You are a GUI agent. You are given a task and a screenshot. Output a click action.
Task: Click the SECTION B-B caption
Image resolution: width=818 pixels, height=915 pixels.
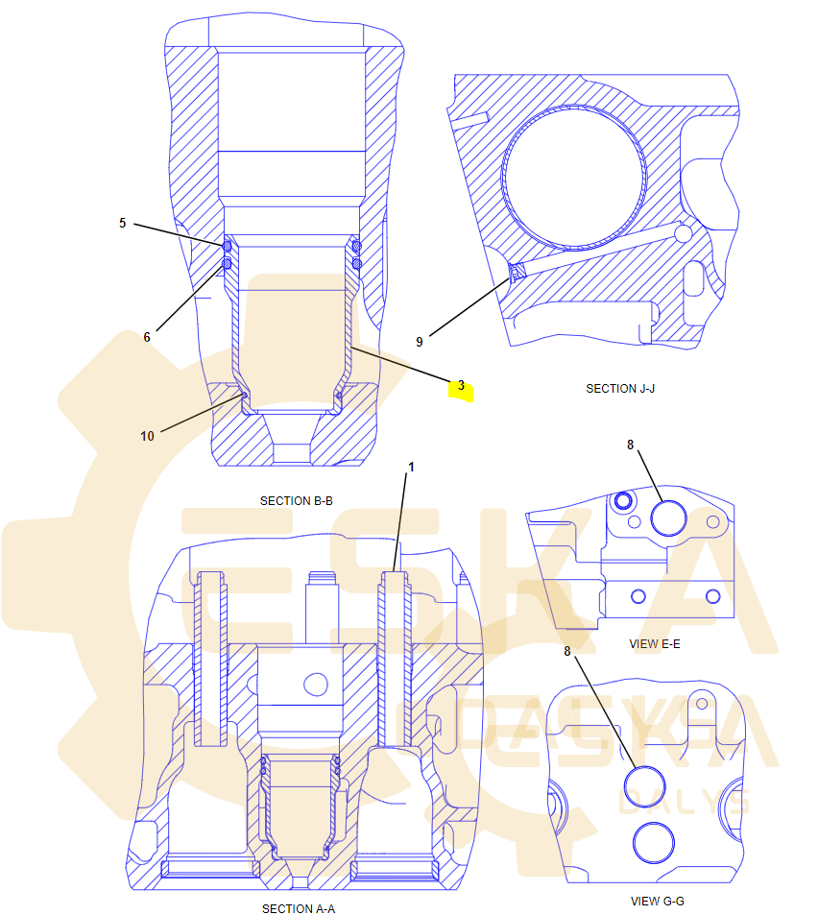click(297, 500)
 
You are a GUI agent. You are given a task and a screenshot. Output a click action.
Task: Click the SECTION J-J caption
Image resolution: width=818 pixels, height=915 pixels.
click(620, 389)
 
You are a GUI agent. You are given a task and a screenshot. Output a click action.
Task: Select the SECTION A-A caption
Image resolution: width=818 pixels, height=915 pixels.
click(299, 908)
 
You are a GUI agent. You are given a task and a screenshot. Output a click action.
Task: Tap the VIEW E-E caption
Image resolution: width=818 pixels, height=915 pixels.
click(655, 643)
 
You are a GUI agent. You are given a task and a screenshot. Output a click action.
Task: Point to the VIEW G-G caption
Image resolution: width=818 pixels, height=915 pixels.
click(658, 901)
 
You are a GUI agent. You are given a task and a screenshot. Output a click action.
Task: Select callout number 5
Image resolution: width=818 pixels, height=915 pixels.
click(123, 223)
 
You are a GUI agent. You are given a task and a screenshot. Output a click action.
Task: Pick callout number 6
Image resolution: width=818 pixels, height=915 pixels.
click(147, 337)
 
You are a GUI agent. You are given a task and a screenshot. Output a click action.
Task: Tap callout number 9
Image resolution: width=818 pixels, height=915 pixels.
click(419, 342)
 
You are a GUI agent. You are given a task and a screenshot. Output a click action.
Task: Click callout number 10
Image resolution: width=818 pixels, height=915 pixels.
click(147, 436)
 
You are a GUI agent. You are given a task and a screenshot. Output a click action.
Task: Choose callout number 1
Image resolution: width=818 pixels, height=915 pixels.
click(411, 467)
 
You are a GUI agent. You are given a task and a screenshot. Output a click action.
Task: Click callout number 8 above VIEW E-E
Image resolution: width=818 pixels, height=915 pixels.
click(630, 445)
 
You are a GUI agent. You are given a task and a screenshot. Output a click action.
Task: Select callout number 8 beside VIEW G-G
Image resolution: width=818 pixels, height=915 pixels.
click(567, 651)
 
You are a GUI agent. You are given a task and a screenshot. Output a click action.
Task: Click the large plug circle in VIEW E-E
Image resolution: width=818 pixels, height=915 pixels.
click(668, 518)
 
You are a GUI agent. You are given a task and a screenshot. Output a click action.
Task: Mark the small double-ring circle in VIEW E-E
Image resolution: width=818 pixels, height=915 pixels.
click(623, 500)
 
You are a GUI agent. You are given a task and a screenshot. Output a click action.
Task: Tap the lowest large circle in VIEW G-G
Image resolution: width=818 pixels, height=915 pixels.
click(654, 843)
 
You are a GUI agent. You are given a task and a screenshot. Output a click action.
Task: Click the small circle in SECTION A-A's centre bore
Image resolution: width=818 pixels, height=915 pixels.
click(316, 684)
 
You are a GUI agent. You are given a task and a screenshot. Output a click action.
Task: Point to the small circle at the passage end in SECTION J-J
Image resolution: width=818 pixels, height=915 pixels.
click(683, 233)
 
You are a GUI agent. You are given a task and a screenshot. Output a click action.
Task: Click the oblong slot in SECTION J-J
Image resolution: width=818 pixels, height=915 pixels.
click(694, 279)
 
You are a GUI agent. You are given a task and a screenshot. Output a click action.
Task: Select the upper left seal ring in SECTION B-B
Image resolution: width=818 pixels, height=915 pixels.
click(227, 246)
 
